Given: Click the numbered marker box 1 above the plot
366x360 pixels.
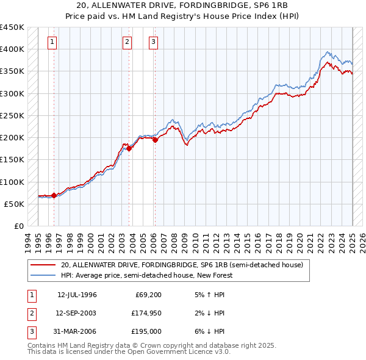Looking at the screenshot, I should [x=52, y=42].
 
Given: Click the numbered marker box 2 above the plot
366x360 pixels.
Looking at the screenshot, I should [x=127, y=42].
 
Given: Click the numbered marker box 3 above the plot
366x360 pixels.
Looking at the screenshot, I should [x=153, y=42].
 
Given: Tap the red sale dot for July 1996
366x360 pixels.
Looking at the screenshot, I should [x=54, y=195].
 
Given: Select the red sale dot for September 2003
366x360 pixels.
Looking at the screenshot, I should [x=129, y=148].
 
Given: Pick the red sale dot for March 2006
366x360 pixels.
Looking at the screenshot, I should [x=155, y=140].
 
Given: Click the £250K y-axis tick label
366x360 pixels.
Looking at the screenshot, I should [x=12, y=115].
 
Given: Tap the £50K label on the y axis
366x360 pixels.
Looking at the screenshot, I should [x=15, y=204].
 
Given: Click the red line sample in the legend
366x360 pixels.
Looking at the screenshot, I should [x=43, y=265].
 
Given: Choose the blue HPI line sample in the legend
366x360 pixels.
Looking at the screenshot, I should [x=43, y=275].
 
